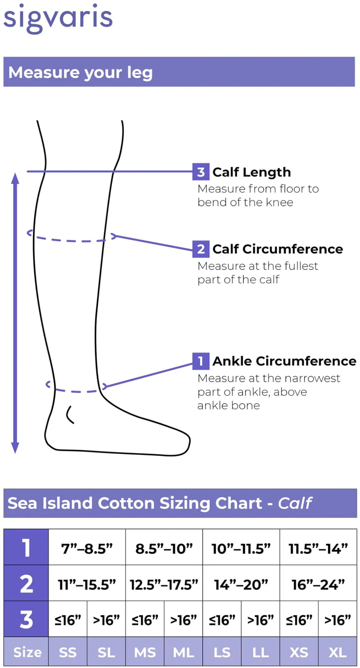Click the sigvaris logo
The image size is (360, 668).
pyautogui.click(x=58, y=18)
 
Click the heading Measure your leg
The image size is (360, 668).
pyautogui.click(x=81, y=73)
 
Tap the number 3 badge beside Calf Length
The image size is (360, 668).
pyautogui.click(x=201, y=172)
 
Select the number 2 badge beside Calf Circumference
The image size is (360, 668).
pyautogui.click(x=201, y=249)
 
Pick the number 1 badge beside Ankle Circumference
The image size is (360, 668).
pyautogui.click(x=201, y=361)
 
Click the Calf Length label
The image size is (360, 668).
pyautogui.click(x=251, y=172)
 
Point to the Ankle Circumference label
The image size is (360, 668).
pyautogui.click(x=284, y=361)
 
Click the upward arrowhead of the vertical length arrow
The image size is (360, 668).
pyautogui.click(x=15, y=178)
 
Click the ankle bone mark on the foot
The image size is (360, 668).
pyautogui.click(x=69, y=415)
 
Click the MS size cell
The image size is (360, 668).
pyautogui.click(x=145, y=652)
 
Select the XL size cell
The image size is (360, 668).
pyautogui.click(x=337, y=652)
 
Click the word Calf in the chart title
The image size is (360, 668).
pyautogui.click(x=295, y=503)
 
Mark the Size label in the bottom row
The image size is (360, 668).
pyautogui.click(x=27, y=652)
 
